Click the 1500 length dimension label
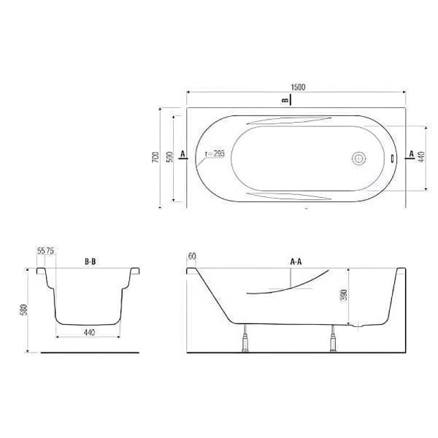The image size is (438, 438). click(298, 87)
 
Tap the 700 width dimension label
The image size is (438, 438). click(155, 157)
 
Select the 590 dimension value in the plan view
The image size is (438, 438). click(170, 157)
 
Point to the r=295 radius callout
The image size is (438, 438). click(215, 153)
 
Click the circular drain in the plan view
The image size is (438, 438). click(358, 158)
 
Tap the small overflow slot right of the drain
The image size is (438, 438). click(392, 158)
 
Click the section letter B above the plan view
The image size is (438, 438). click(285, 100)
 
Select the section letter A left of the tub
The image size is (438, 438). click(182, 153)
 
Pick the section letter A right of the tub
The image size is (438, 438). click(411, 153)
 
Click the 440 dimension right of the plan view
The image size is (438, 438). click(421, 157)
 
